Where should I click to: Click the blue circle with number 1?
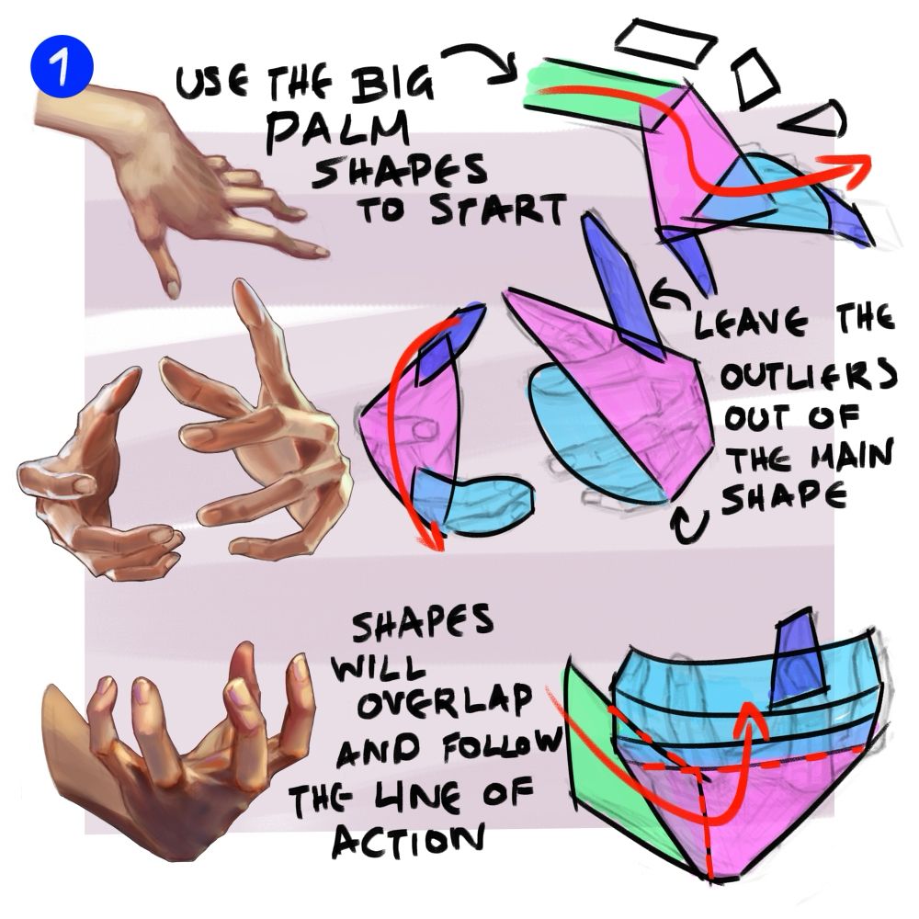62,67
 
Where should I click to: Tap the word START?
498,210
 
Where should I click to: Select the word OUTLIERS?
809,376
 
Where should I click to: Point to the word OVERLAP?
445,701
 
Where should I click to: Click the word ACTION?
409,842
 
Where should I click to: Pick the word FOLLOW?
501,745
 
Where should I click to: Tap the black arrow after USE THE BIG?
481,61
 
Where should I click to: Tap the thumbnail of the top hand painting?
176,182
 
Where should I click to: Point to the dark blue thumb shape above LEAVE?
621,287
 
